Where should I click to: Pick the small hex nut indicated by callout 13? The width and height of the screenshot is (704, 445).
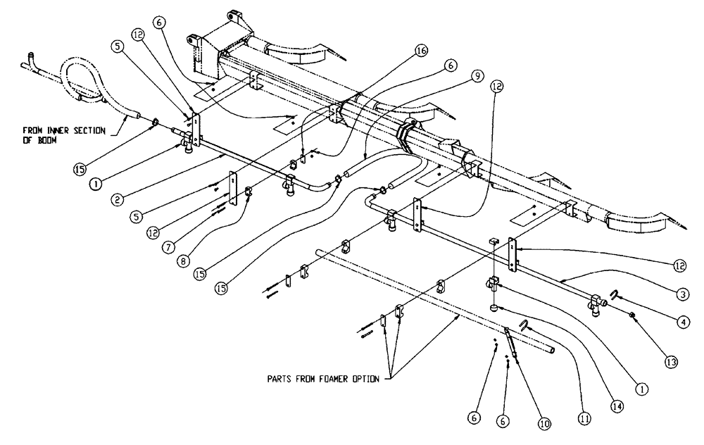631,314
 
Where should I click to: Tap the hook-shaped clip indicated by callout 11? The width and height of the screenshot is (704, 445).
523,325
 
